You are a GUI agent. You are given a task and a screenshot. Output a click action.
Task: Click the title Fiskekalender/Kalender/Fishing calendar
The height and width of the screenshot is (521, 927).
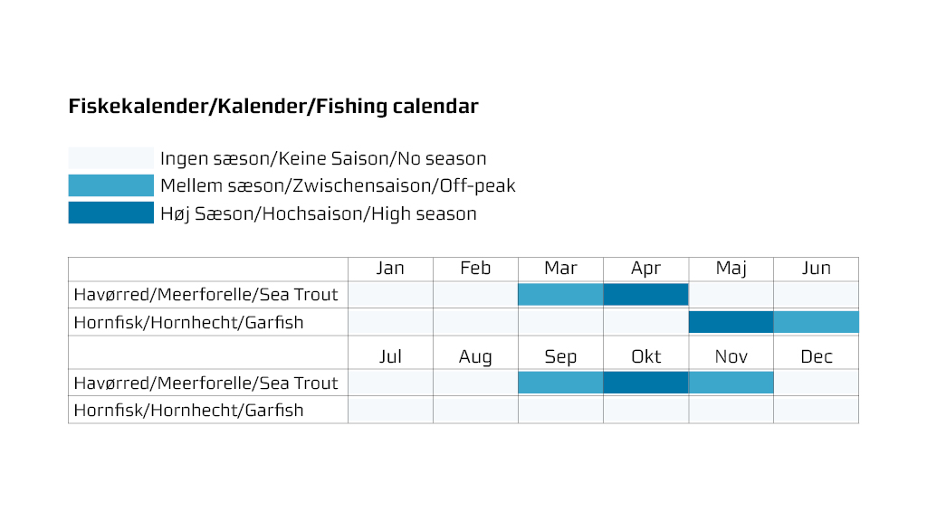(273, 107)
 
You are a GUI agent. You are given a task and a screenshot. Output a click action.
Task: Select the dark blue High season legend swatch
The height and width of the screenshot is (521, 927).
(111, 213)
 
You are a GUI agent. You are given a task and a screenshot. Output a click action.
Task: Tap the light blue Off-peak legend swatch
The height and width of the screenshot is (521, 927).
(111, 185)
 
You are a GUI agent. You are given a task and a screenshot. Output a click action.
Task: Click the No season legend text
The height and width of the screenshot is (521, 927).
(323, 158)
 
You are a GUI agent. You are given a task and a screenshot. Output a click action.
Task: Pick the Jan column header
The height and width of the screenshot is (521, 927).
(390, 268)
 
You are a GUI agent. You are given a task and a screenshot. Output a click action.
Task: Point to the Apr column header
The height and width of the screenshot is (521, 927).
(645, 268)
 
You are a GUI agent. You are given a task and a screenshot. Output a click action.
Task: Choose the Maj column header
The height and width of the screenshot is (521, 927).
(731, 268)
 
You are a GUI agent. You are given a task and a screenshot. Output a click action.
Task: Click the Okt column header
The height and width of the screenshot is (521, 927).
(645, 356)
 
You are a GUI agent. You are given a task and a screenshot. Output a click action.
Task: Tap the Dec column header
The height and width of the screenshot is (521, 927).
(816, 356)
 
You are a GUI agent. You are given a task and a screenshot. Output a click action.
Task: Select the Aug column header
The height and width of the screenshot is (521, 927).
(475, 356)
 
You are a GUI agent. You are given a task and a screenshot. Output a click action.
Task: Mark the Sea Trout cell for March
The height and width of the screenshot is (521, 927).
(560, 294)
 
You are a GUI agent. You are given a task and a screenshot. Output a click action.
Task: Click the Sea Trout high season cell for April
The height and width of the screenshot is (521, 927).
(645, 294)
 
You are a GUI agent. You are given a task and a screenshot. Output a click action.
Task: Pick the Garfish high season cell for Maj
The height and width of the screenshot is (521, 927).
(731, 322)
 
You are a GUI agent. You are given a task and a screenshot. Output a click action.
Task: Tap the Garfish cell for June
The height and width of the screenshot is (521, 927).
(816, 322)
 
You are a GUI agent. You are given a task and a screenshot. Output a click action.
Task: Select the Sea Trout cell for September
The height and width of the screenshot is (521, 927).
(560, 383)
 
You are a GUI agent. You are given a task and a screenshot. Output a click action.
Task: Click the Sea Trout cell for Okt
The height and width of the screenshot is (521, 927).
(645, 383)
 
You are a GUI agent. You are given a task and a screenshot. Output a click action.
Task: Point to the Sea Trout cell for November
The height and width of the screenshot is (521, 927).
(731, 383)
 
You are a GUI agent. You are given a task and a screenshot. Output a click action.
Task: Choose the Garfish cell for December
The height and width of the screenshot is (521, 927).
(816, 410)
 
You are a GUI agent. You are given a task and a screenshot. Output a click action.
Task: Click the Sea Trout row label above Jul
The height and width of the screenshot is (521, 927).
(205, 383)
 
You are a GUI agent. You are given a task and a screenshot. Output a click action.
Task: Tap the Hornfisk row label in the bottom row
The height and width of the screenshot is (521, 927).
(188, 410)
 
